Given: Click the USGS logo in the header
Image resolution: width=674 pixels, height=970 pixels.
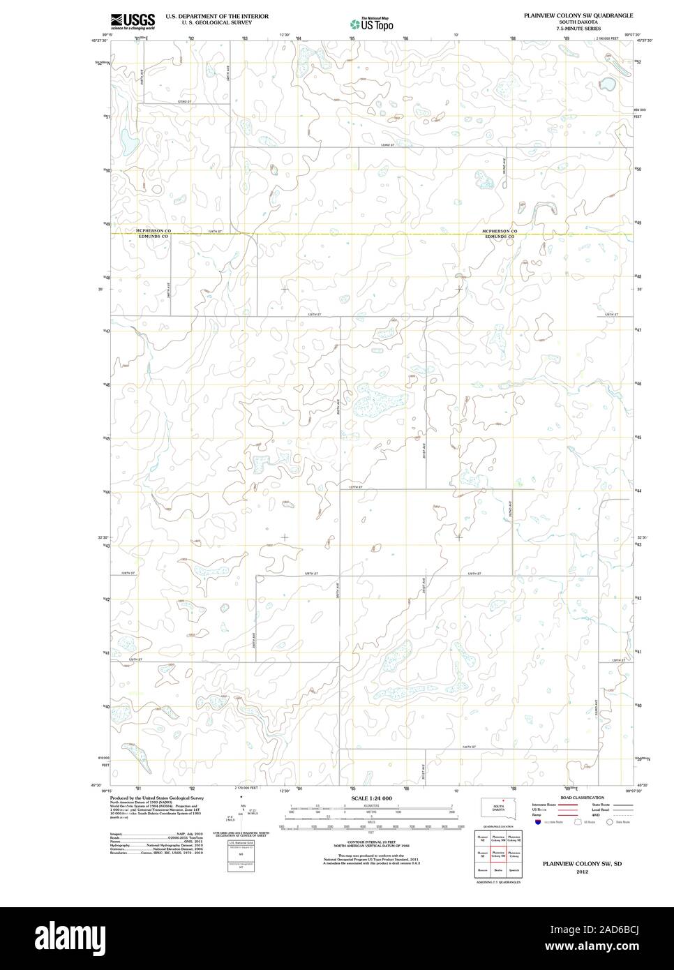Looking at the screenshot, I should click(132, 21).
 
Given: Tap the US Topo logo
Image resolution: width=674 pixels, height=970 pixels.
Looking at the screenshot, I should click(372, 24).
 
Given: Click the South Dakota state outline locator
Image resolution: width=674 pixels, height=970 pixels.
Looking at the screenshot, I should click(499, 806).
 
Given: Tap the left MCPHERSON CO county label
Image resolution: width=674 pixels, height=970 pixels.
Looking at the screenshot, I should click(153, 231).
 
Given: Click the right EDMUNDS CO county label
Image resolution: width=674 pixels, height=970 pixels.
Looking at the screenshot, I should click(499, 237).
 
